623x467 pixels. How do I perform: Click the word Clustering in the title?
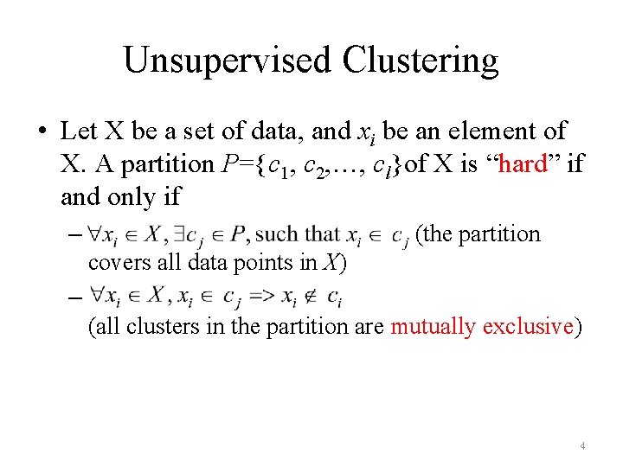pyautogui.click(x=421, y=61)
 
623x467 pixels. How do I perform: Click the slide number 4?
pyautogui.click(x=582, y=446)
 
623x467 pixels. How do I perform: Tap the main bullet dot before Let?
pyautogui.click(x=42, y=131)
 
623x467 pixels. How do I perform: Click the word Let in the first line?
pyautogui.click(x=79, y=131)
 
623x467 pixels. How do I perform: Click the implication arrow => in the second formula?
pyautogui.click(x=259, y=297)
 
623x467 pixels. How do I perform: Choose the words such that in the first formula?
pyautogui.click(x=299, y=233)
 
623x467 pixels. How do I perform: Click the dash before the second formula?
pyautogui.click(x=72, y=297)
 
